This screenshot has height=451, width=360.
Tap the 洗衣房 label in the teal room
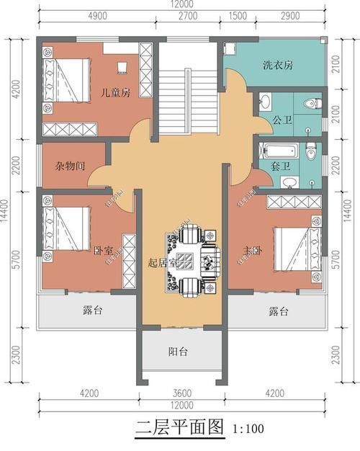(x=277, y=66)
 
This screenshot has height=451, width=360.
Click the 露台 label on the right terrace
(x=278, y=312)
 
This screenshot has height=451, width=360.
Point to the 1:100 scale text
(x=249, y=429)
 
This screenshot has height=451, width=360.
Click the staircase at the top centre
(x=188, y=86)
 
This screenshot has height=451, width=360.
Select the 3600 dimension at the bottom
(x=181, y=394)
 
